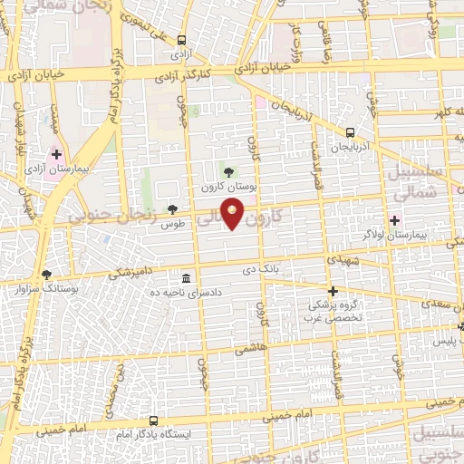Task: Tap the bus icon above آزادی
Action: [x=181, y=40]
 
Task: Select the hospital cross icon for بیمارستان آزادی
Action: [x=56, y=155]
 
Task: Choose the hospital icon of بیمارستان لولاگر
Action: [x=394, y=219]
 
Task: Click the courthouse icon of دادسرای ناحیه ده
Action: [x=186, y=277]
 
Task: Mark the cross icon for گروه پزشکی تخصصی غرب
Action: [x=333, y=291]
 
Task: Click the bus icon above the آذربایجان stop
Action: [x=351, y=130]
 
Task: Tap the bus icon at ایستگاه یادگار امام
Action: [x=153, y=421]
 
